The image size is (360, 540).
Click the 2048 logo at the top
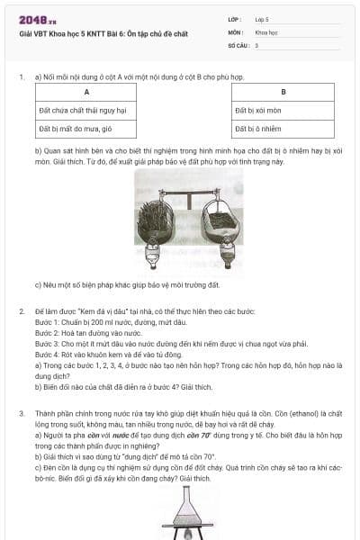36,19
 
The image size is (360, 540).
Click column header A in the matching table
85,93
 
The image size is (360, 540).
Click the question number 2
21,310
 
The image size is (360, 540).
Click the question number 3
21,412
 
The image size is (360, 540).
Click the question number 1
21,77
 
